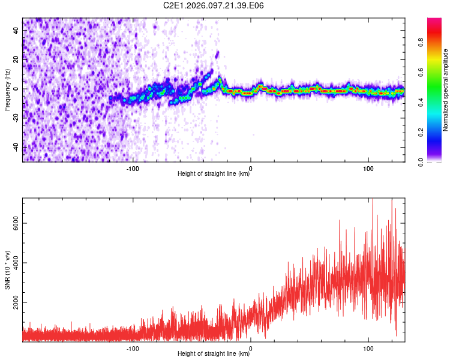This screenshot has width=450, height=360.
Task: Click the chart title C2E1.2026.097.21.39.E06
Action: pyautogui.click(x=214, y=5)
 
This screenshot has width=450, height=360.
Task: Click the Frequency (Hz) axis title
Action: pyautogui.click(x=7, y=89)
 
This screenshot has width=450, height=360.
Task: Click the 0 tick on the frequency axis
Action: pyautogui.click(x=17, y=89)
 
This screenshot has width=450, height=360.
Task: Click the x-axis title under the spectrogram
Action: pyautogui.click(x=214, y=174)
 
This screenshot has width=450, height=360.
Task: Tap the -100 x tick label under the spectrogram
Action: pyautogui.click(x=133, y=169)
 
